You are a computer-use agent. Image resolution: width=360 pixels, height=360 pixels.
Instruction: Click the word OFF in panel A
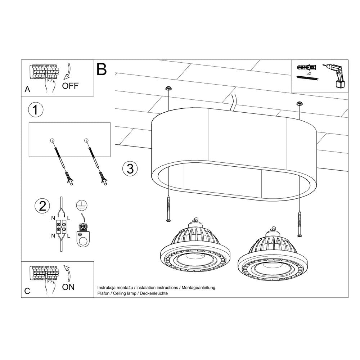click(x=70, y=86)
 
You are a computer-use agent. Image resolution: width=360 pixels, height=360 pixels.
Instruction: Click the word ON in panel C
click(x=68, y=287)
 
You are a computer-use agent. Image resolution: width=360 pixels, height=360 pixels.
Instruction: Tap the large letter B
click(x=102, y=69)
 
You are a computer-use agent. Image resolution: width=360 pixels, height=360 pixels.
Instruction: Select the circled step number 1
click(x=35, y=110)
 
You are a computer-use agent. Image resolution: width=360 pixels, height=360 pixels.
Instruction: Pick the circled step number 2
click(x=42, y=206)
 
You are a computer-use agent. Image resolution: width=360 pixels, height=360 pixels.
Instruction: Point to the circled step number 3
click(x=130, y=168)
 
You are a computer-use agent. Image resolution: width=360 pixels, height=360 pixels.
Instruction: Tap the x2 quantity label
click(x=309, y=73)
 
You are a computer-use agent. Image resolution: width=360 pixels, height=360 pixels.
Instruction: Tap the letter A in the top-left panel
click(x=27, y=90)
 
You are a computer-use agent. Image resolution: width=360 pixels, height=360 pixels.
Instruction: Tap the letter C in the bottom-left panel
click(x=27, y=291)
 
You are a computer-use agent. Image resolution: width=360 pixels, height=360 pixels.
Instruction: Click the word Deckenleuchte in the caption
click(x=155, y=293)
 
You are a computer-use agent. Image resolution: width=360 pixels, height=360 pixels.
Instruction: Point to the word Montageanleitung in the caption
click(x=198, y=288)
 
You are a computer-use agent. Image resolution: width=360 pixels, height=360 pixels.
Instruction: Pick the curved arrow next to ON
click(x=67, y=274)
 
